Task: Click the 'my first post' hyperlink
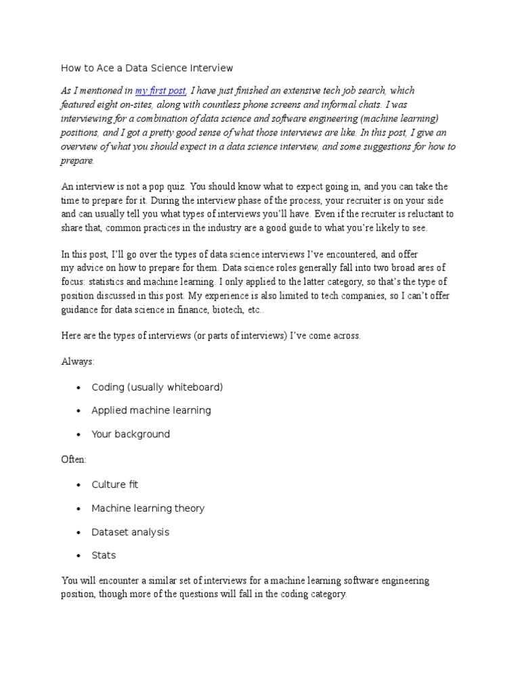point(160,91)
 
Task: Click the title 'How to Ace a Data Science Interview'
point(147,68)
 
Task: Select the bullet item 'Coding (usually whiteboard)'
point(157,387)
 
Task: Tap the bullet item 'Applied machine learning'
point(151,411)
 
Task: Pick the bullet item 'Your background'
point(131,434)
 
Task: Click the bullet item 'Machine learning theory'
point(148,508)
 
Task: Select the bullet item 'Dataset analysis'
point(130,532)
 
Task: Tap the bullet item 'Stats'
point(104,556)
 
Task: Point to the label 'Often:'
point(74,460)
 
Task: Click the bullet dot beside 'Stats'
point(79,556)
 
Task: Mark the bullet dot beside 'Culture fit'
point(79,485)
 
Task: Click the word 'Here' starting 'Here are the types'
point(71,336)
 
